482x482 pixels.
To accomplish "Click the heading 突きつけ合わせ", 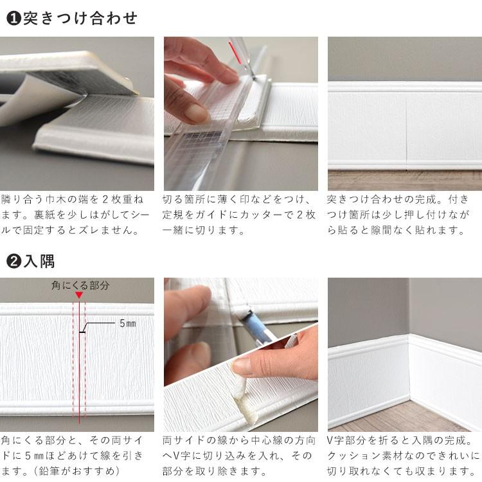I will tap(80, 19).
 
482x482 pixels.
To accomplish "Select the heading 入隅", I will tap(39, 261).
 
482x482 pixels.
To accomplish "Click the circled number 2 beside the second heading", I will tap(13, 262).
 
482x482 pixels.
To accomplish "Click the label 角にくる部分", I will tap(80, 285).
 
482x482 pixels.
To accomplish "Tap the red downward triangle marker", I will tap(79, 295).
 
